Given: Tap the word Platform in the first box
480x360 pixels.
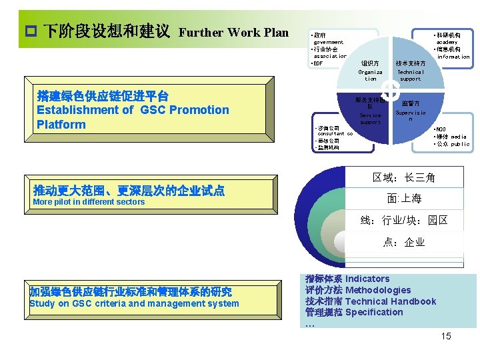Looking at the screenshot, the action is pyautogui.click(x=61, y=125).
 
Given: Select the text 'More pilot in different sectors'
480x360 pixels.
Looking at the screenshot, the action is pyautogui.click(x=89, y=202).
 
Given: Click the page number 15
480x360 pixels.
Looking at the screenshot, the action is pyautogui.click(x=445, y=336).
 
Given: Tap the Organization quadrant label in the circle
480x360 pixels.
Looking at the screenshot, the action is pyautogui.click(x=370, y=75).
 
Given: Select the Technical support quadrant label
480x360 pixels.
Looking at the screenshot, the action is pyautogui.click(x=410, y=75).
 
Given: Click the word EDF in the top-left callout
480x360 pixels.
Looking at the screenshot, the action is pyautogui.click(x=319, y=63).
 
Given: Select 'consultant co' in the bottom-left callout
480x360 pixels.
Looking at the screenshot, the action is pyautogui.click(x=335, y=134).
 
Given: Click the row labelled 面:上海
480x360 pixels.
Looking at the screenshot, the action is pyautogui.click(x=404, y=199).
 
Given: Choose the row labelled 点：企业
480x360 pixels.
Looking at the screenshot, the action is pyautogui.click(x=404, y=242).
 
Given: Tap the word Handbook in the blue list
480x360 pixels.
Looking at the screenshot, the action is pyautogui.click(x=414, y=301).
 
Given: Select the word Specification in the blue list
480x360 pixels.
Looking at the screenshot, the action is pyautogui.click(x=374, y=312).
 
